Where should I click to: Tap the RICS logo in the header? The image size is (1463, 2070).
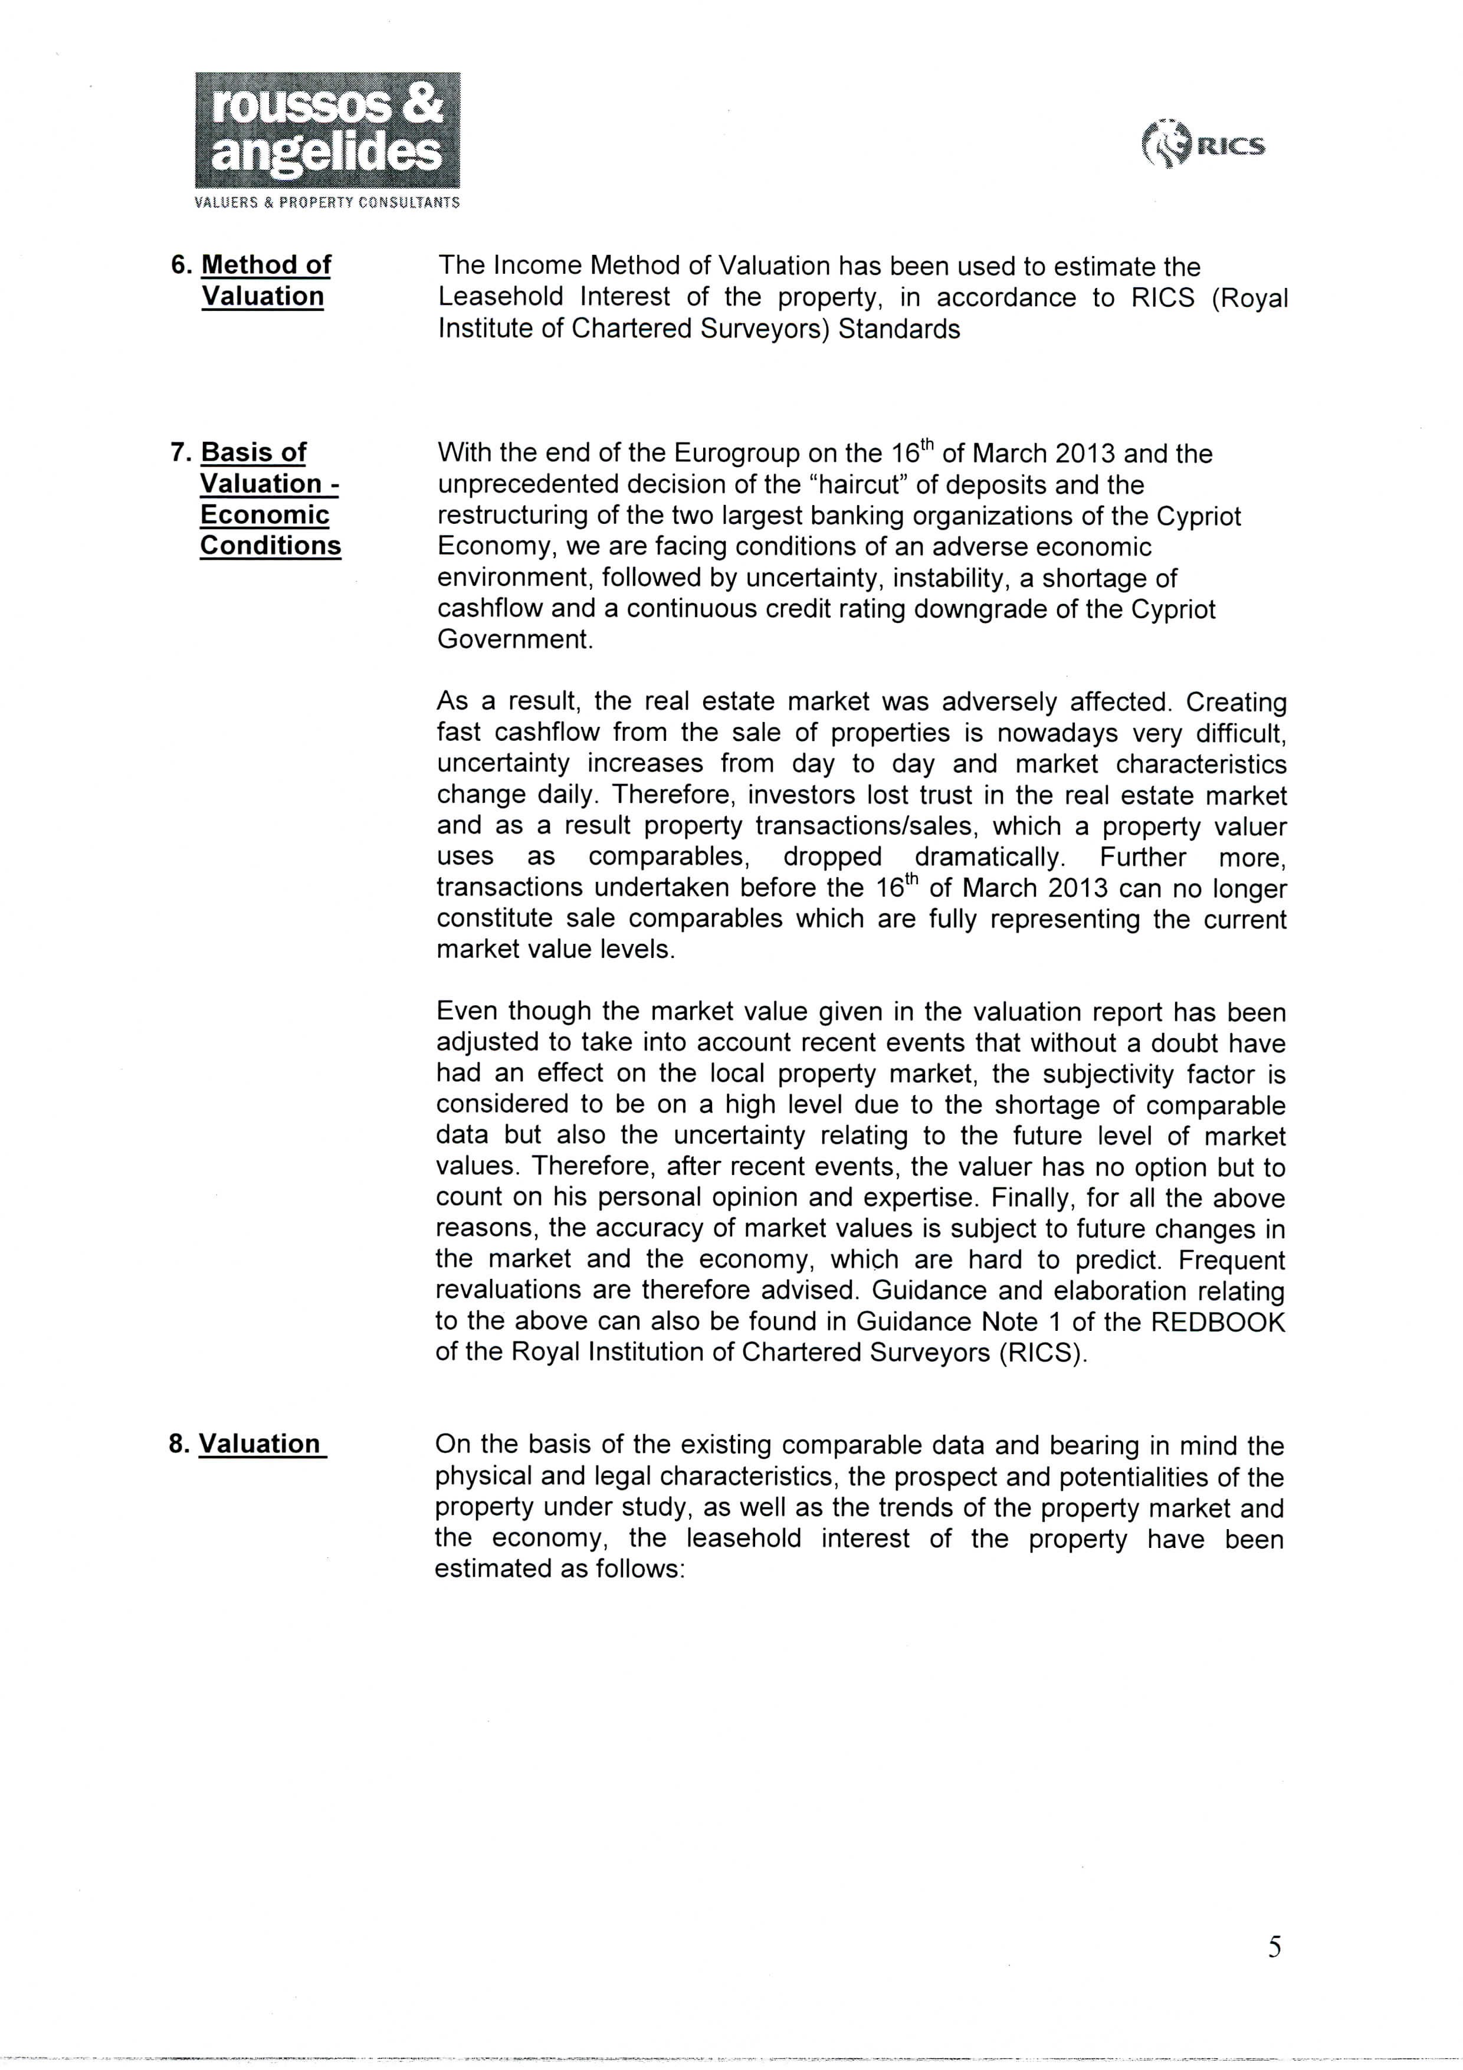tap(1204, 145)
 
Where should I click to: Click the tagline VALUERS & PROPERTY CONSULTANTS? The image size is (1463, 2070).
tap(327, 203)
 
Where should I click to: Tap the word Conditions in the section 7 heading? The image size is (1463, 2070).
tap(270, 546)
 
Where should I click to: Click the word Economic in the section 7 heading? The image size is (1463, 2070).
tap(265, 515)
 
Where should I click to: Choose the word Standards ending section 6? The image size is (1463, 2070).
tap(898, 329)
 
